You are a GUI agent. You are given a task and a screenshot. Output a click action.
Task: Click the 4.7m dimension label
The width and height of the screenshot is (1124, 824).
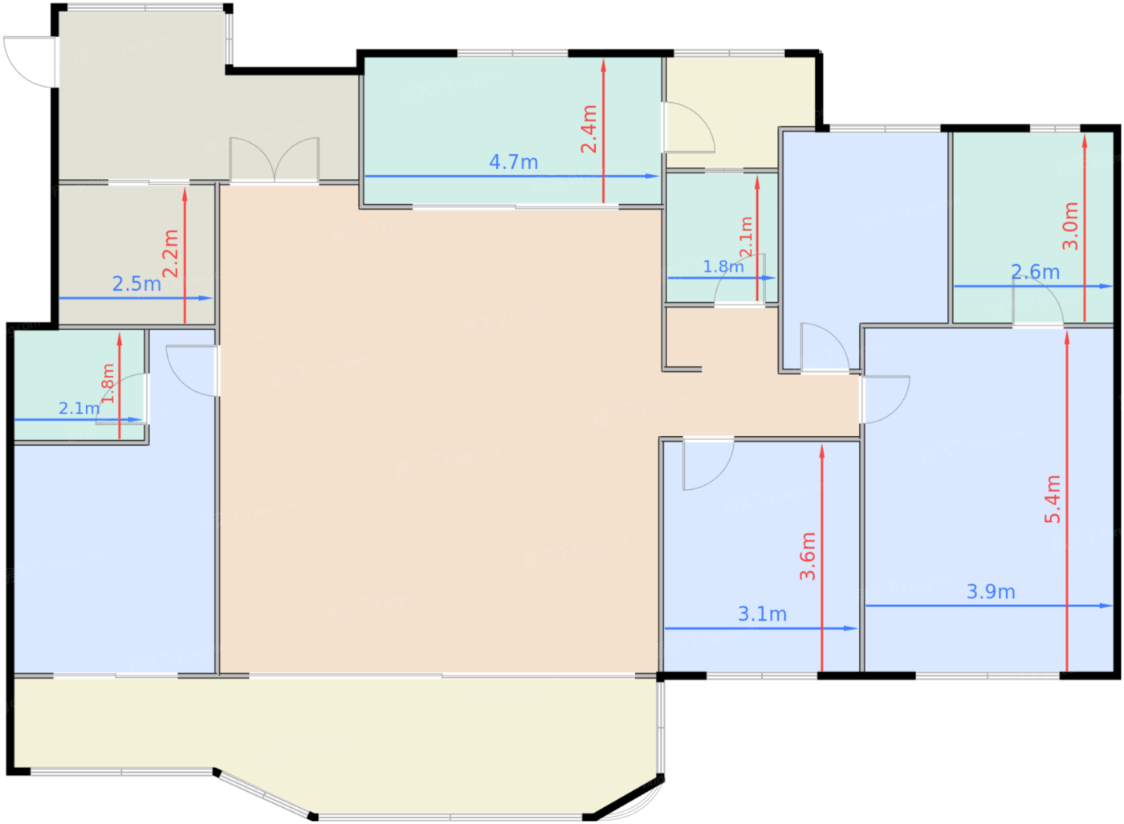tap(513, 162)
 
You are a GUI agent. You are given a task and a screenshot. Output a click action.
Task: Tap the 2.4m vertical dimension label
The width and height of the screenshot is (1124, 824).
tap(589, 128)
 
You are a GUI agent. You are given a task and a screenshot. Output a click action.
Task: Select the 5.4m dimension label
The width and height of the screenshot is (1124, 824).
tap(1053, 499)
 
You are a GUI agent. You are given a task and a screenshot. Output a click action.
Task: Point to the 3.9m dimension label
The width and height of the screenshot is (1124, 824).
tap(991, 592)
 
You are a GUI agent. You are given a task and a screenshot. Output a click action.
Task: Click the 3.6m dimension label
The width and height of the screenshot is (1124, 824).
tap(808, 556)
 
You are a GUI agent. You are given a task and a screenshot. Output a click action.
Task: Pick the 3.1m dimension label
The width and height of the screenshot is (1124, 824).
tap(762, 614)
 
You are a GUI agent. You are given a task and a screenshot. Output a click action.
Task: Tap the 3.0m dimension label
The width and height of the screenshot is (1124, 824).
tap(1070, 226)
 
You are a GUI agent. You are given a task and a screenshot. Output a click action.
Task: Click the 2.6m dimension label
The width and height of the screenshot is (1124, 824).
tap(1035, 272)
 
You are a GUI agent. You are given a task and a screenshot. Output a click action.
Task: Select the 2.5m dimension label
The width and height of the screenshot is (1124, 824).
tap(136, 284)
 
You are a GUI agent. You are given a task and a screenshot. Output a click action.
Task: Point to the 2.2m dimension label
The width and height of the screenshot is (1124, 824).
tap(170, 253)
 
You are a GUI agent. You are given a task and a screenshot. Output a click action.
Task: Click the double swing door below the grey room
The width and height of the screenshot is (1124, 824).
tap(275, 161)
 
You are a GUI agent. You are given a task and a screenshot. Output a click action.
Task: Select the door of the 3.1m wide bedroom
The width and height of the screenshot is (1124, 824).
tap(707, 464)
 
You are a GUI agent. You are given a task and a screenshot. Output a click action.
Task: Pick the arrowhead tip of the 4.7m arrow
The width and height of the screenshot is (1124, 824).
tap(658, 176)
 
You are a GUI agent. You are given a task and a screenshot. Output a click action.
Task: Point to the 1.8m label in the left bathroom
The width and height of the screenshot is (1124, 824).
tap(108, 383)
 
